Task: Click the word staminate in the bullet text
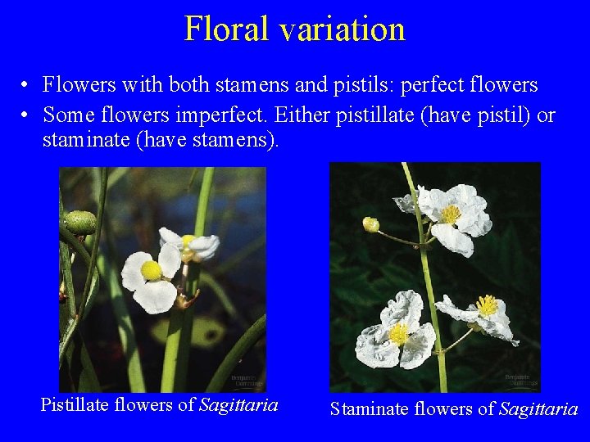click(85, 140)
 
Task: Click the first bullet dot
click(27, 86)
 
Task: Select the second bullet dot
click(27, 116)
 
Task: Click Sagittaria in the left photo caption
click(238, 404)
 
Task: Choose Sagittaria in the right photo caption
click(538, 409)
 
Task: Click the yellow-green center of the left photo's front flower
click(151, 270)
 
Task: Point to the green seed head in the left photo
click(80, 222)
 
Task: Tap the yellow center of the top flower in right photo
click(450, 214)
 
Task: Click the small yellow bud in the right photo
click(371, 224)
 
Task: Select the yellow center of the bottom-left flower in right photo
click(399, 334)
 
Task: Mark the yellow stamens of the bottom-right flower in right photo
click(488, 305)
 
